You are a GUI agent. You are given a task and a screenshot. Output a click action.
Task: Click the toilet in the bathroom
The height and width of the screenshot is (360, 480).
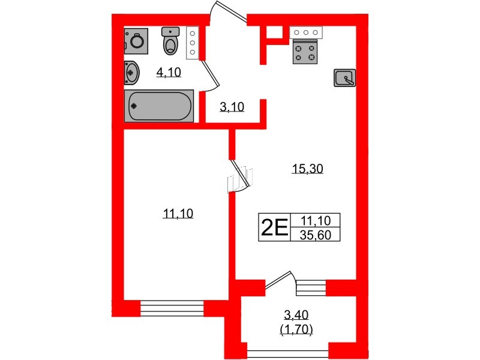[170, 41]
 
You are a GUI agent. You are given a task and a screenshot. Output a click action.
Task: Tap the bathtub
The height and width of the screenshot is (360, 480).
[159, 106]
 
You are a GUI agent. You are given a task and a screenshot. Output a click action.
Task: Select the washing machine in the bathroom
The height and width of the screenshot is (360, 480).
[136, 41]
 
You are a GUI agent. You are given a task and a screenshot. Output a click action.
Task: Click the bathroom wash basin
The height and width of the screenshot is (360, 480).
[131, 73]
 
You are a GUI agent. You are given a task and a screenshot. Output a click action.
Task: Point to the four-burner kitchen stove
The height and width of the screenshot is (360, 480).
[305, 53]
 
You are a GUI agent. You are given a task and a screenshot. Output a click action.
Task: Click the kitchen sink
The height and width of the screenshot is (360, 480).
[344, 78]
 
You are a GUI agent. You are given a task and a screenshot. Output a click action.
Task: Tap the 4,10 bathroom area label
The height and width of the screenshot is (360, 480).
[169, 73]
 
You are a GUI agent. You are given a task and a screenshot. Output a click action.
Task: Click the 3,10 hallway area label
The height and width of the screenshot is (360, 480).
[232, 107]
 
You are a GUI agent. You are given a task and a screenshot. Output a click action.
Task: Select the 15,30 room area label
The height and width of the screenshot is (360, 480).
[308, 169]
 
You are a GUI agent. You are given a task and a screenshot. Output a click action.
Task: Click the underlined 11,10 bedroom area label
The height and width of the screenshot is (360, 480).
[178, 214]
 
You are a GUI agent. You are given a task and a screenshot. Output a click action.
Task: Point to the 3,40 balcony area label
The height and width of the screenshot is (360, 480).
[296, 314]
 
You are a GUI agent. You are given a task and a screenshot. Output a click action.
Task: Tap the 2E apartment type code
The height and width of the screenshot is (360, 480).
[274, 228]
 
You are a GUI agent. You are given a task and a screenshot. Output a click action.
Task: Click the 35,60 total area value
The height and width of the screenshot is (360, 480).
[316, 235]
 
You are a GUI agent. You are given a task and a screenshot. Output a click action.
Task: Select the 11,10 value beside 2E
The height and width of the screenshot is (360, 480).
[316, 220]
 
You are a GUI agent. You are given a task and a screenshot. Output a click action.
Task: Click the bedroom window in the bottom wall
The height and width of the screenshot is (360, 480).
[172, 308]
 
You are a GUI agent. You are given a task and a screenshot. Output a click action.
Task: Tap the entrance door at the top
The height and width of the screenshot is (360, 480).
[229, 13]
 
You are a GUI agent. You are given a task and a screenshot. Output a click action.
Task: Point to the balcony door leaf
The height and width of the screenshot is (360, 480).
[277, 280]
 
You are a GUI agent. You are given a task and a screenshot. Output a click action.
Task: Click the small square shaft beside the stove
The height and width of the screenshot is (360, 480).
[274, 32]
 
